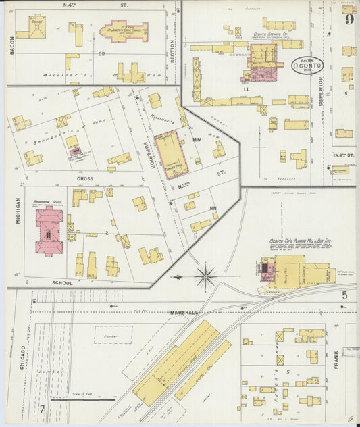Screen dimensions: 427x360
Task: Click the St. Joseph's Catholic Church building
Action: (x=126, y=30)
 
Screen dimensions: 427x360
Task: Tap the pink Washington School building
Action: (x=49, y=231)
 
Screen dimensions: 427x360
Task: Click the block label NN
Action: (x=213, y=208)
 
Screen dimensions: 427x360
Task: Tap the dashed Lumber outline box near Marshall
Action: (x=113, y=334)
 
